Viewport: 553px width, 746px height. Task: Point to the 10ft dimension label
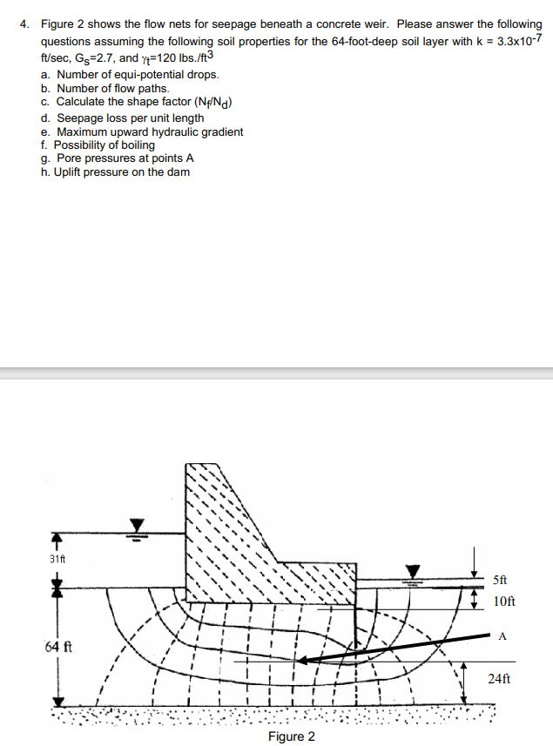pyautogui.click(x=503, y=601)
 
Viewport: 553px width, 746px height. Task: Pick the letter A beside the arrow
pyautogui.click(x=502, y=635)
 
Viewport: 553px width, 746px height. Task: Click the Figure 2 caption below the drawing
pyautogui.click(x=292, y=736)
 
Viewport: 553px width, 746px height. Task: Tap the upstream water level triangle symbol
pyautogui.click(x=137, y=525)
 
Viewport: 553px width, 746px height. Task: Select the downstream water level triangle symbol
pyautogui.click(x=415, y=571)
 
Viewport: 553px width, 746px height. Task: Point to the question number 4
pyautogui.click(x=25, y=24)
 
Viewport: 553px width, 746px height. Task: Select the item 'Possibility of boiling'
pyautogui.click(x=105, y=145)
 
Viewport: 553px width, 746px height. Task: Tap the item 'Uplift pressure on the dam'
pyautogui.click(x=121, y=171)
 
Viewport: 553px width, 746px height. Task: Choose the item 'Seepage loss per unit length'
pyautogui.click(x=130, y=118)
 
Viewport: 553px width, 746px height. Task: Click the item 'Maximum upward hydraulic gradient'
pyautogui.click(x=149, y=132)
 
